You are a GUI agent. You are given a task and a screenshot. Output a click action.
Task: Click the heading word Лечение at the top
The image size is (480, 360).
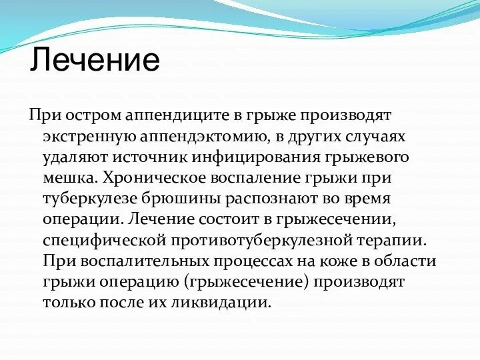click(95, 59)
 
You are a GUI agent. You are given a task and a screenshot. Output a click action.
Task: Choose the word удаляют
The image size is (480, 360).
click(72, 157)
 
